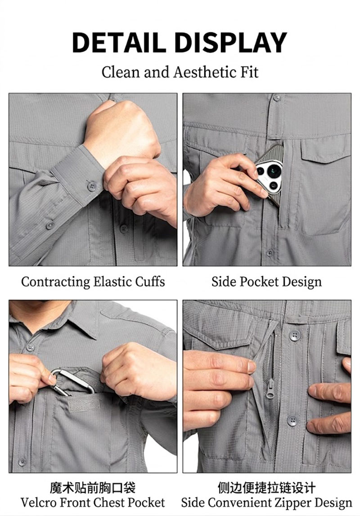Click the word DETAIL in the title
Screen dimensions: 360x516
(x=119, y=42)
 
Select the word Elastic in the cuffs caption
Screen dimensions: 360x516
(x=112, y=282)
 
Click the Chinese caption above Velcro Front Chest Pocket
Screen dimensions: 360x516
(x=92, y=488)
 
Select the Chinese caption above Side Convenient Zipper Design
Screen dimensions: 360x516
(x=266, y=488)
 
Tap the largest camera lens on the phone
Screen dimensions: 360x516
(x=274, y=171)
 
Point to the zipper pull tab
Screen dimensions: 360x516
(x=270, y=389)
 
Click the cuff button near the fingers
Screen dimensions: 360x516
(x=92, y=187)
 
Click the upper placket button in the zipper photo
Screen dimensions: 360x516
(x=295, y=336)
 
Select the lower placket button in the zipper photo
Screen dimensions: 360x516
(x=292, y=421)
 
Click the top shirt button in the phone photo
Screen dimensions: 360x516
(x=277, y=98)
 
